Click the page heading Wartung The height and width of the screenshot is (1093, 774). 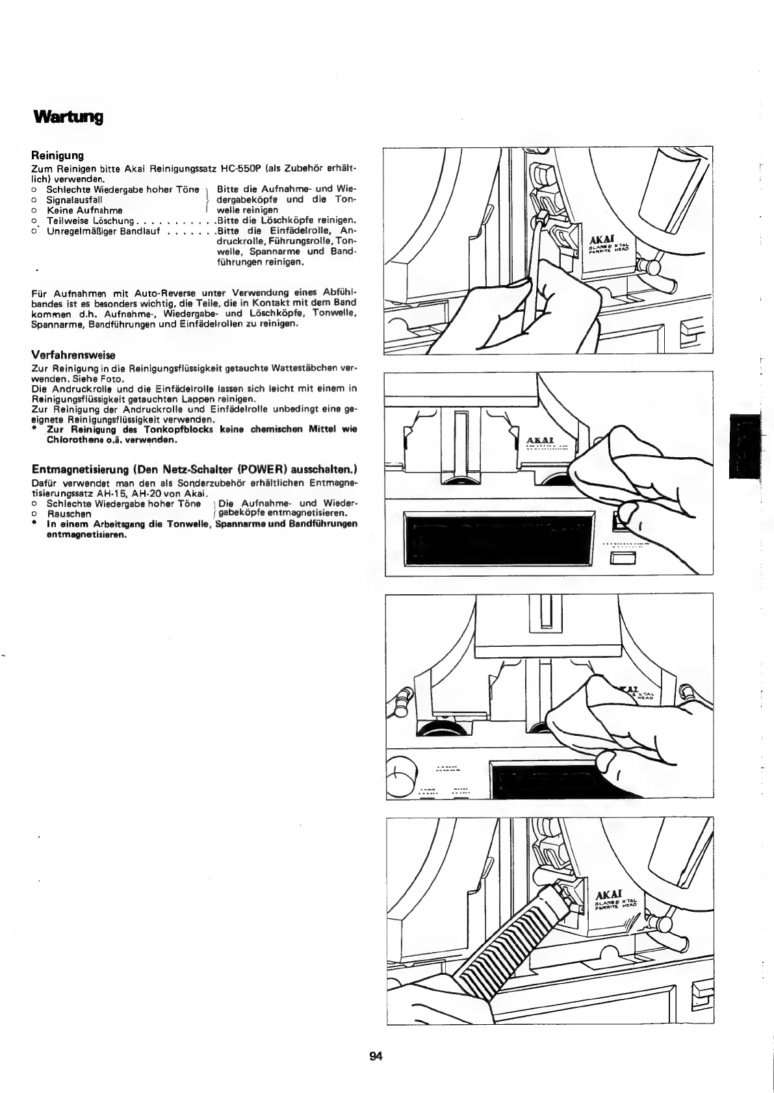(x=68, y=118)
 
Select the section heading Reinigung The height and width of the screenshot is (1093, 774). (x=58, y=156)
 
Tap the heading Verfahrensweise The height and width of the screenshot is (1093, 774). (x=73, y=355)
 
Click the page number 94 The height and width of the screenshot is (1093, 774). (x=376, y=1057)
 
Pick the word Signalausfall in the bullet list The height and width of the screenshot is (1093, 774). (x=74, y=200)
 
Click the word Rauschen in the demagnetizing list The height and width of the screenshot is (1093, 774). (x=69, y=513)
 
